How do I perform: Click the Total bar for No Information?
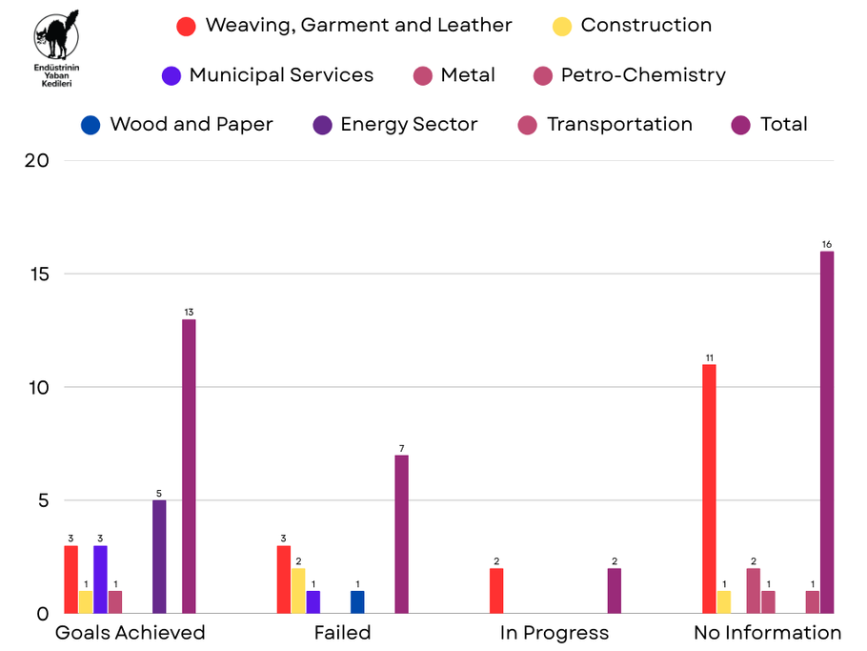pyautogui.click(x=827, y=433)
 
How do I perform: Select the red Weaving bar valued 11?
pyautogui.click(x=709, y=489)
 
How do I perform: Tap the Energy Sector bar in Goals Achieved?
pyautogui.click(x=159, y=557)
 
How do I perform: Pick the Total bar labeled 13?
pyautogui.click(x=189, y=466)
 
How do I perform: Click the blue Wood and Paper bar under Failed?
pyautogui.click(x=356, y=602)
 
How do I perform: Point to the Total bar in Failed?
pyautogui.click(x=402, y=535)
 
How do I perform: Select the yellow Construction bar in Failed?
pyautogui.click(x=298, y=591)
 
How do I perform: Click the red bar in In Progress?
pyautogui.click(x=496, y=591)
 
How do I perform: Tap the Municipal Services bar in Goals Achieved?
pyautogui.click(x=100, y=580)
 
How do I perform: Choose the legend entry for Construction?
pyautogui.click(x=632, y=26)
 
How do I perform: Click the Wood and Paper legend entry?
pyautogui.click(x=177, y=125)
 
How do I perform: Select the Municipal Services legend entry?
pyautogui.click(x=267, y=75)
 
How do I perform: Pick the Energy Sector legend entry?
pyautogui.click(x=395, y=125)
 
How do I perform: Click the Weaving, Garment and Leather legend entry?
pyautogui.click(x=345, y=26)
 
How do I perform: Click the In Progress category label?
pyautogui.click(x=554, y=633)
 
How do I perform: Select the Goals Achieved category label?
pyautogui.click(x=130, y=633)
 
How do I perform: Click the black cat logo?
pyautogui.click(x=56, y=34)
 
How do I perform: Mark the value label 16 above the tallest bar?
pyautogui.click(x=827, y=245)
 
